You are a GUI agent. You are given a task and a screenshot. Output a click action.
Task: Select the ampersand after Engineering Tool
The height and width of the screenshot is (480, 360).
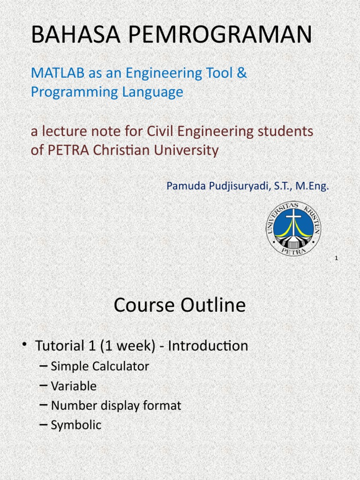point(242,73)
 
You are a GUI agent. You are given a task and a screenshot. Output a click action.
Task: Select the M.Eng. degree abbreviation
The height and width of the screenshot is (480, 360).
point(313,187)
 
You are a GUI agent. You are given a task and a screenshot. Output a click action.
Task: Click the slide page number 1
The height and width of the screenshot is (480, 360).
point(337,258)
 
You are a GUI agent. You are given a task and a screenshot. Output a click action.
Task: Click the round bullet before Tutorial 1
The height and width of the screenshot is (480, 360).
point(24,345)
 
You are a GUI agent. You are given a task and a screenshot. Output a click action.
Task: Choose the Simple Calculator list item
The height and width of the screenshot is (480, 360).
point(99,367)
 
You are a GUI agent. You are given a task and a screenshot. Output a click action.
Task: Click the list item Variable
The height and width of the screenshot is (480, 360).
point(74,386)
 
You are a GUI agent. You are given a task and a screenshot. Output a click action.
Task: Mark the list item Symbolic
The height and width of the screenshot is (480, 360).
point(76,425)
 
